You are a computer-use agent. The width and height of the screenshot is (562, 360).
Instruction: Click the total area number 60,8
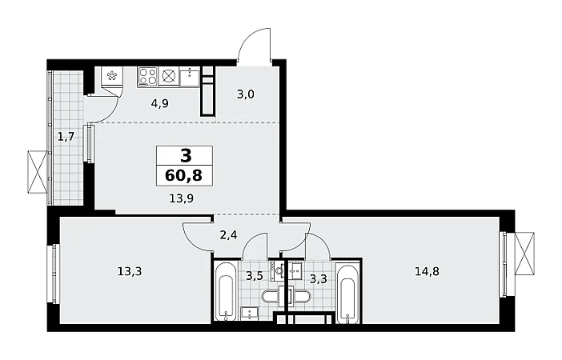click(184, 175)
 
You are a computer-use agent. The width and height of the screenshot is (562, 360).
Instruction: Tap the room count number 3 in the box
click(186, 156)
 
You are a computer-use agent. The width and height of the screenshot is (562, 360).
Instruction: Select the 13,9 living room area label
click(182, 198)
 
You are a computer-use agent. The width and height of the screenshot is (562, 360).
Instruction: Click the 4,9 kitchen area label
click(160, 103)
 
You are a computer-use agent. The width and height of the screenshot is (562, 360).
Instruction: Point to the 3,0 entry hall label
click(246, 94)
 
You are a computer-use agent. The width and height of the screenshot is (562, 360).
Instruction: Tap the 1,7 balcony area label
click(66, 137)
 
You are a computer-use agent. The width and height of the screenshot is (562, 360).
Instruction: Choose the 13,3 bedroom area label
click(130, 271)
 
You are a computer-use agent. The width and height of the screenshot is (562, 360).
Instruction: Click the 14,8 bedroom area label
click(427, 271)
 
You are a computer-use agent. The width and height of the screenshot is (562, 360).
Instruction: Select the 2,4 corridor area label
click(228, 235)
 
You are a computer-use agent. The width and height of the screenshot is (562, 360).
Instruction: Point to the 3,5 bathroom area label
click(255, 276)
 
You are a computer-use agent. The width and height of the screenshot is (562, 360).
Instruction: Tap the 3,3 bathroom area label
click(319, 278)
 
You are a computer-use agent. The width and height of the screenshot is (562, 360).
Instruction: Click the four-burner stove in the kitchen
click(147, 77)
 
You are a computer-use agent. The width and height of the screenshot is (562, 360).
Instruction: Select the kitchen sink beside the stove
click(189, 77)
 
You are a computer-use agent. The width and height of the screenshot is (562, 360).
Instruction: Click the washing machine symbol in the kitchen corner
click(112, 75)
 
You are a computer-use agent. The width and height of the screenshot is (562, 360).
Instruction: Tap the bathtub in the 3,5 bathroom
click(226, 292)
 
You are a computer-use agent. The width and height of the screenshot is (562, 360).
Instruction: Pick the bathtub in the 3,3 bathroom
click(349, 294)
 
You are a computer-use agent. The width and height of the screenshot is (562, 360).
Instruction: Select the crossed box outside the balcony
click(38, 172)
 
